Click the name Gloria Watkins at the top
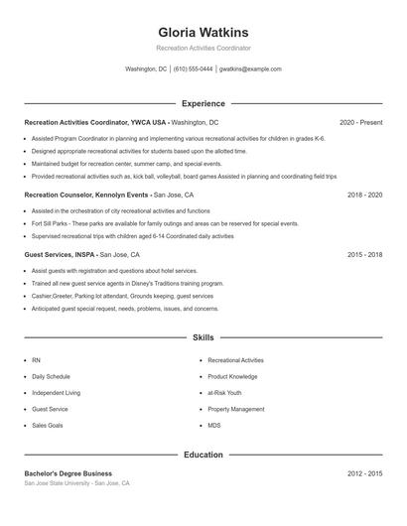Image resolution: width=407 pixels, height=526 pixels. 203,32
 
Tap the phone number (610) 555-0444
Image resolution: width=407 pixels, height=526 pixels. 194,69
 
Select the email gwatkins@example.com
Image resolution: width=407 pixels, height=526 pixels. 250,69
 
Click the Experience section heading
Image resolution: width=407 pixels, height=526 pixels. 203,103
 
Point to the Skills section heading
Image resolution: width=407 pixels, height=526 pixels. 203,338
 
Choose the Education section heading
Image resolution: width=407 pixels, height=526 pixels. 203,455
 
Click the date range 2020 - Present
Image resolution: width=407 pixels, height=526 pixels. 360,122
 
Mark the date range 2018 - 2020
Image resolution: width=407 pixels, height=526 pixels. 364,196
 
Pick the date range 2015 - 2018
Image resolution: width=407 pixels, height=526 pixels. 364,255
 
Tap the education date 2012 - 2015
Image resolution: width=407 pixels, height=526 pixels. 364,473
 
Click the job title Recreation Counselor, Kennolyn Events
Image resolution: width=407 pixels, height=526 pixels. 86,196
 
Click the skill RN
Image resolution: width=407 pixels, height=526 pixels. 37,360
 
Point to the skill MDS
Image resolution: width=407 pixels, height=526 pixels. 214,425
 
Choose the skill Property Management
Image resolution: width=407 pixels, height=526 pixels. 236,409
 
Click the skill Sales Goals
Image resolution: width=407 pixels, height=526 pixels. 48,425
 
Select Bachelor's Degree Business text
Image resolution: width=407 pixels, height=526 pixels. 68,473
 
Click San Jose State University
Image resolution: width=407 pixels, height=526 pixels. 59,483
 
